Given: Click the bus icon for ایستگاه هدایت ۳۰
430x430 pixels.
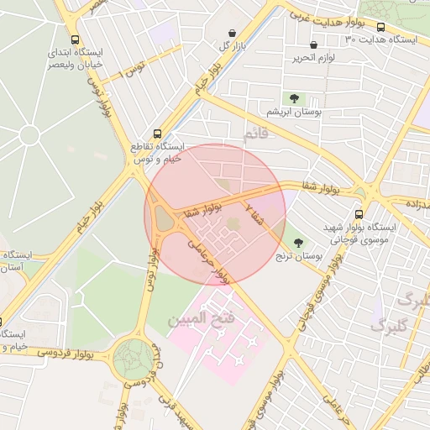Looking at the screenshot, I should [x=381, y=28].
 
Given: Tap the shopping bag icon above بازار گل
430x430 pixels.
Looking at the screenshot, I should [x=231, y=34].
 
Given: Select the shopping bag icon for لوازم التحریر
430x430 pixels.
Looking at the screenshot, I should [x=313, y=45].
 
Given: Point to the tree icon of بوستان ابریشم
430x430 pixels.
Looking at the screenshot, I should [x=294, y=99].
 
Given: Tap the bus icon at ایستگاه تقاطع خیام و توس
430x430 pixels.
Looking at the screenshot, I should [x=157, y=134].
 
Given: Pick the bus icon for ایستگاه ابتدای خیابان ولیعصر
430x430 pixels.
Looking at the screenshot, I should [x=76, y=39].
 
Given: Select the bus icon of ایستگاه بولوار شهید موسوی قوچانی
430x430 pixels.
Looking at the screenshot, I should [x=359, y=214].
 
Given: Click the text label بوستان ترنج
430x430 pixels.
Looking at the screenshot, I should [x=303, y=254].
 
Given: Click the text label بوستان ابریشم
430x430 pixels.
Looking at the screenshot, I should [x=295, y=112].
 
